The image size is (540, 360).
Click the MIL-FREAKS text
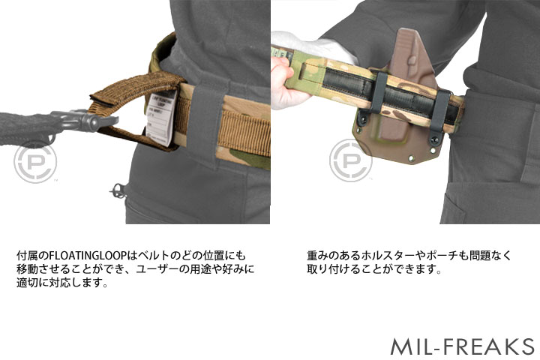tap(461, 346)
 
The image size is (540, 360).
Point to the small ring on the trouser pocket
tap(115, 191)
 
